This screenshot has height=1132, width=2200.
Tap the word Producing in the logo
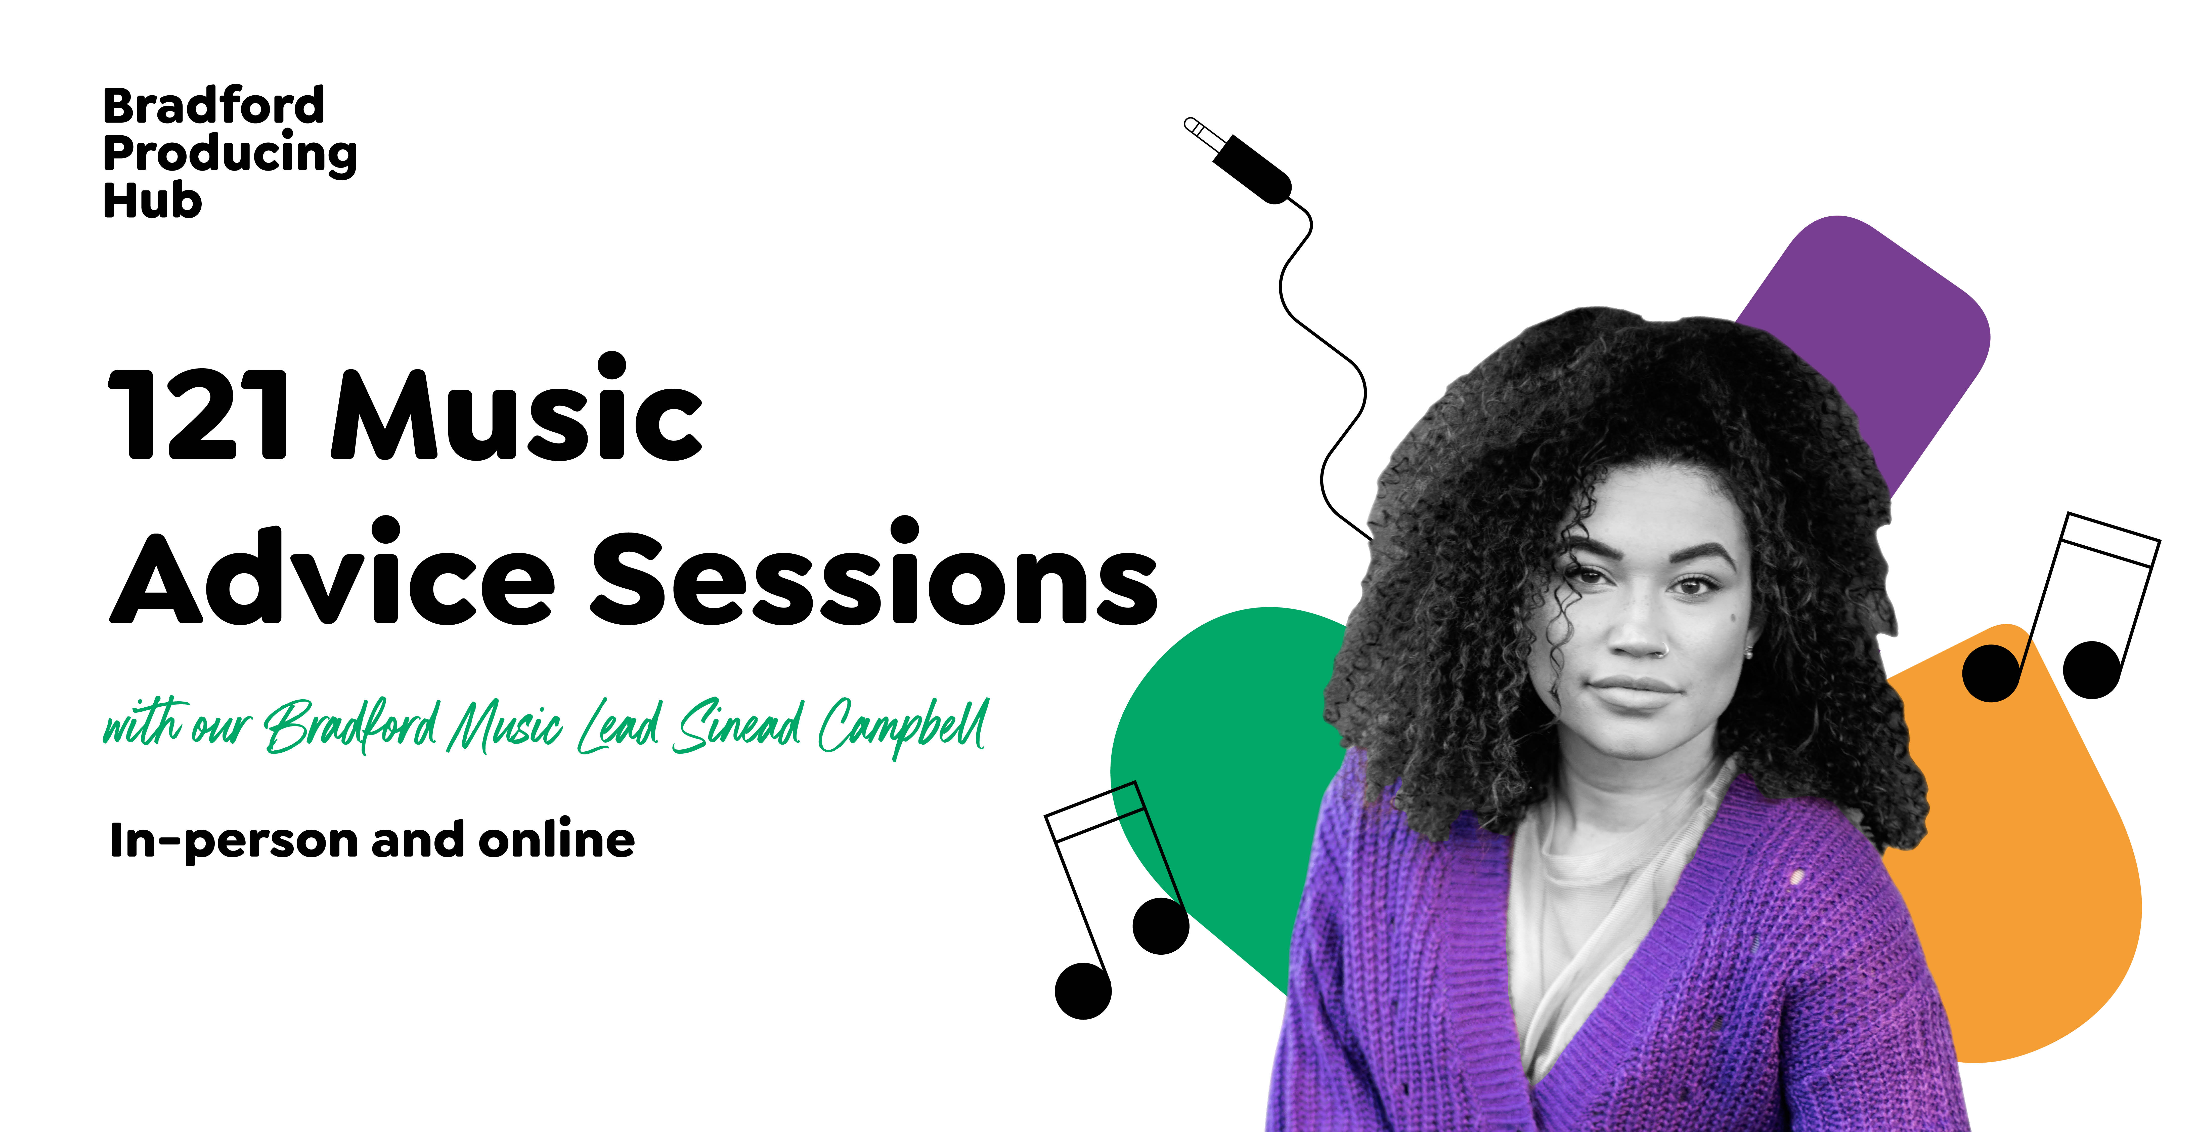pyautogui.click(x=230, y=155)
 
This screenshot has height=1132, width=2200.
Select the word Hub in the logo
pyautogui.click(x=152, y=202)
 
